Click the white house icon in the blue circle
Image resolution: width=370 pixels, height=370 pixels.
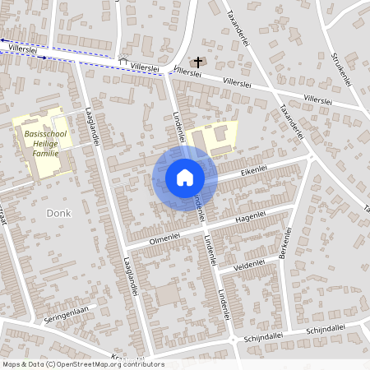tap(184, 178)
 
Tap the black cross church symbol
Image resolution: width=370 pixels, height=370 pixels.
tap(196, 62)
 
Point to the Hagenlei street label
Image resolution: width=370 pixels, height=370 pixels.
tap(252, 216)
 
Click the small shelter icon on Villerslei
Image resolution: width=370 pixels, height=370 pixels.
tap(123, 61)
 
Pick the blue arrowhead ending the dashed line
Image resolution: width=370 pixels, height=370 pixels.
tap(3, 39)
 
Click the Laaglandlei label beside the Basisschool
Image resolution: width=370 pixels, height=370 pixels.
tap(93, 130)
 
